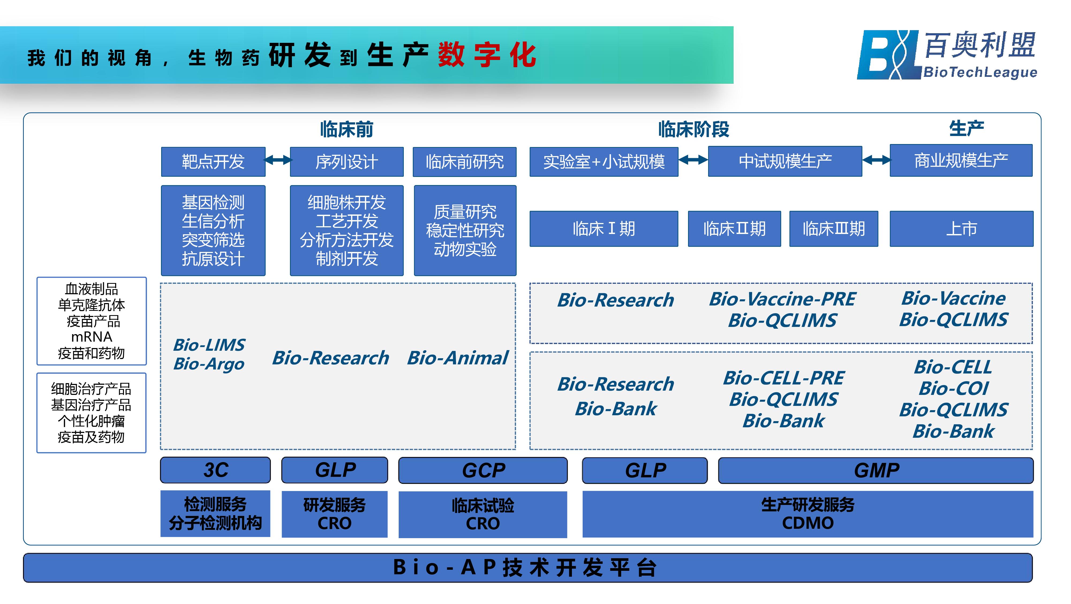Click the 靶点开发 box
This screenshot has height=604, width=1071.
pos(213,162)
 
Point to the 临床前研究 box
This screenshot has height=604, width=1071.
pos(464,162)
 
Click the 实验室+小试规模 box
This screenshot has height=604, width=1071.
pos(604,162)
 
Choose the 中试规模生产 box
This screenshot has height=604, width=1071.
pos(785,161)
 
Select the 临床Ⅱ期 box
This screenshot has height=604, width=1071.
pos(734,229)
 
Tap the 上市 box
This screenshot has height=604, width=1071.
pos(961,229)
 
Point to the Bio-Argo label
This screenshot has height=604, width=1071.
pos(209,364)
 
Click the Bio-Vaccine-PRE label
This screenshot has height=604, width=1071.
pos(782,299)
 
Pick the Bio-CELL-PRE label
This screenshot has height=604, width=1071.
pos(784,378)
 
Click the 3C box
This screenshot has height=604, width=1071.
pos(215,470)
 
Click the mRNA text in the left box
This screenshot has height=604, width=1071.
pos(92,337)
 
